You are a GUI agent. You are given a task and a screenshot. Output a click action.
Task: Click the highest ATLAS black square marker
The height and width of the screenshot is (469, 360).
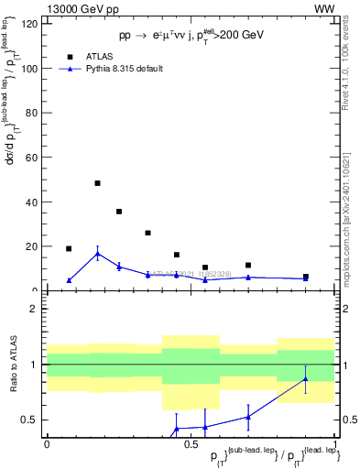click(x=97, y=183)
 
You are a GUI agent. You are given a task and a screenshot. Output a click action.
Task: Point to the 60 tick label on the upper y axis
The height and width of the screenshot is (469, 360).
click(x=31, y=158)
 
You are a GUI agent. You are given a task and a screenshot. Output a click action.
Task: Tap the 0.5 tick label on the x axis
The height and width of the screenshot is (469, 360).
click(x=190, y=443)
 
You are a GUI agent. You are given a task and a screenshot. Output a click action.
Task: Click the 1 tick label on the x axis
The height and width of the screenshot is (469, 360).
click(x=335, y=443)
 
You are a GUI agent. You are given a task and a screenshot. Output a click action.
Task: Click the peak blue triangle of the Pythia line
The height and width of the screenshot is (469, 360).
click(x=97, y=254)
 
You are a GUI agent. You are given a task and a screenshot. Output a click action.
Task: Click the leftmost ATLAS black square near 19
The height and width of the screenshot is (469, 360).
click(x=69, y=248)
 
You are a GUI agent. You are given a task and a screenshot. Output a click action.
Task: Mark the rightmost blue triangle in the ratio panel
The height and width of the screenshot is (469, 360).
click(x=306, y=379)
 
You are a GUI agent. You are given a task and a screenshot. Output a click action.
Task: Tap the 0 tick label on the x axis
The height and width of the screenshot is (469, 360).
click(x=47, y=443)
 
